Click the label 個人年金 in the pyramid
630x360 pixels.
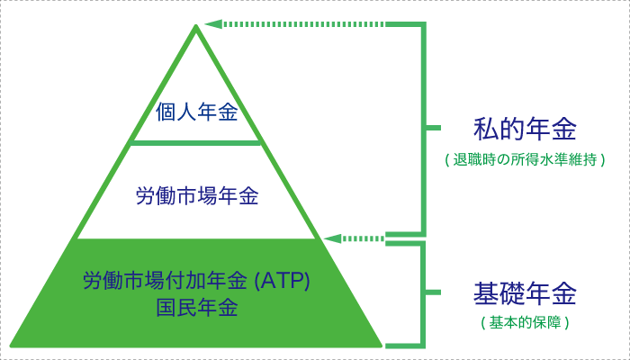[x=196, y=113]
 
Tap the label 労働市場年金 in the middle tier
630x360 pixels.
[x=196, y=195]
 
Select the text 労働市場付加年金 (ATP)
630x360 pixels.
[x=196, y=281]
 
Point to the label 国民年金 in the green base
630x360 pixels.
[x=196, y=307]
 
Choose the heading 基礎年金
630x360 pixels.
[x=525, y=294]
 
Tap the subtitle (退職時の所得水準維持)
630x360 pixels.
[x=525, y=159]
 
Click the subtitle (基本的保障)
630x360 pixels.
[x=525, y=321]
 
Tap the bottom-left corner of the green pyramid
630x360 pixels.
[x=11, y=346]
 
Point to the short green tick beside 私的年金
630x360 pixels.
[x=435, y=130]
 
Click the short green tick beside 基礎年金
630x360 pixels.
[x=435, y=293]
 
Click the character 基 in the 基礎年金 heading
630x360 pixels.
[x=486, y=294]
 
